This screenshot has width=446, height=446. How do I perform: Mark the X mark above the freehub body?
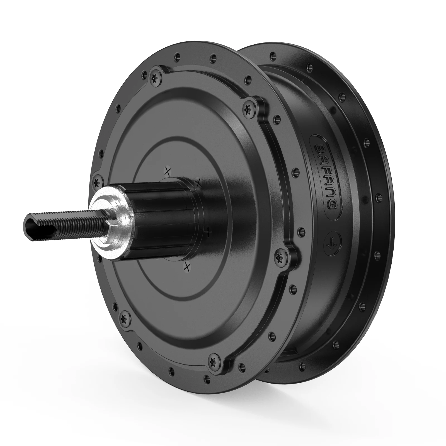click(168, 171)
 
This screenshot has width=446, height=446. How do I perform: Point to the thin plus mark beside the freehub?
click(207, 232)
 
